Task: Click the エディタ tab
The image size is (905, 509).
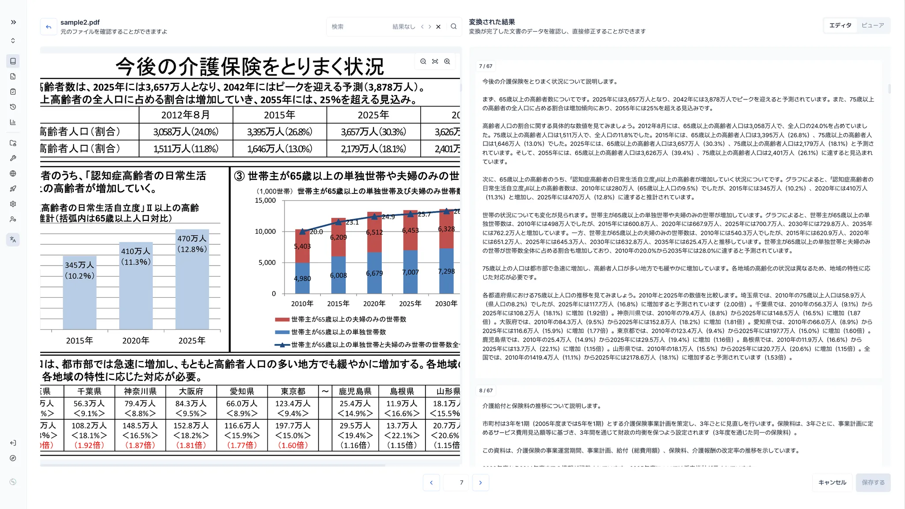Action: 840,26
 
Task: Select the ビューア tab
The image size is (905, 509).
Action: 873,26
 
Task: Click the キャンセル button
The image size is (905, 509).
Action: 832,482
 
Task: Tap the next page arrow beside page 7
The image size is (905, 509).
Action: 480,482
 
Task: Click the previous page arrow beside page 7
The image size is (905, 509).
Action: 431,482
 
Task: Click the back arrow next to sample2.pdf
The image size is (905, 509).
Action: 49,27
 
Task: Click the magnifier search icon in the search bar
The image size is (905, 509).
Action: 453,27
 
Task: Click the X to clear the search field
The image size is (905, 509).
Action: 438,27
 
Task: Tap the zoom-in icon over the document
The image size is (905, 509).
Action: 447,61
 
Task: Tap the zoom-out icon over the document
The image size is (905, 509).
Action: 423,61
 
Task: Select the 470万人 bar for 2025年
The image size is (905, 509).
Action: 192,283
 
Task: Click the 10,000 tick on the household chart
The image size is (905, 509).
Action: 265,232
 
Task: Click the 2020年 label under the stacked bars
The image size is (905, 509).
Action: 374,304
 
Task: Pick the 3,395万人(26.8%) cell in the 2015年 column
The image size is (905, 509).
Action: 280,132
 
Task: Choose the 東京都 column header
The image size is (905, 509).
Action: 293,391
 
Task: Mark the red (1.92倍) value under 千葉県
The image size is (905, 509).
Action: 89,445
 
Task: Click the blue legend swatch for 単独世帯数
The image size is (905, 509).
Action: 282,332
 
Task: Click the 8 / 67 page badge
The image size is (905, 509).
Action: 486,391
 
